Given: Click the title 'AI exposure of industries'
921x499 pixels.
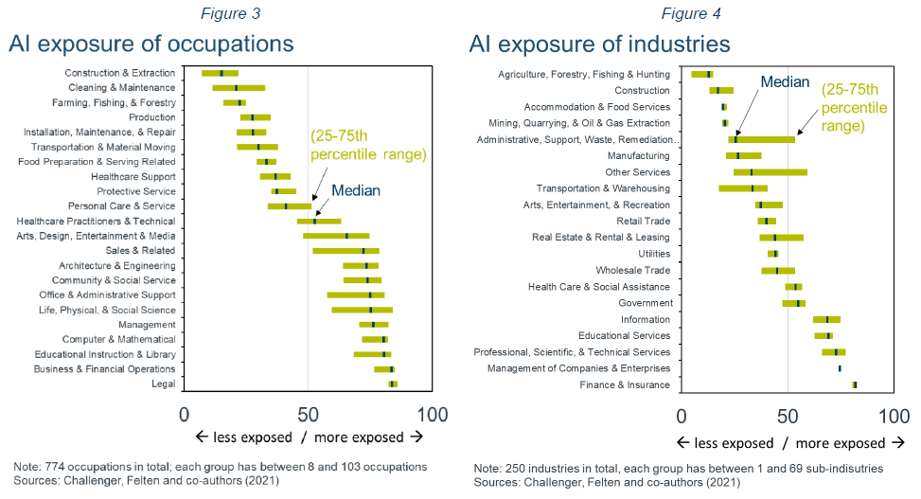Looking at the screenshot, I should coord(599,44).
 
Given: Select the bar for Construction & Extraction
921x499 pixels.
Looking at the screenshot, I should coord(220,73).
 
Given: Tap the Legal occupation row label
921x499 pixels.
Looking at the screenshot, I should coord(163,383).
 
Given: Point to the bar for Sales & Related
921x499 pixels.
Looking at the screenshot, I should coord(345,251).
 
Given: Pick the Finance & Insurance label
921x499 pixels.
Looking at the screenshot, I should coord(625,384).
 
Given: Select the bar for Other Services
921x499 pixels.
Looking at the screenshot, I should coord(770,172).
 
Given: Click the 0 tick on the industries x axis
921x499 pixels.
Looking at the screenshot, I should coord(682,414).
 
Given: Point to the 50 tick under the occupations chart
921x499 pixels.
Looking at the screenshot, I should coord(308,414).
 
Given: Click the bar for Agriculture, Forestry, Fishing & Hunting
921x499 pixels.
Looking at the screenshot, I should coord(701,74).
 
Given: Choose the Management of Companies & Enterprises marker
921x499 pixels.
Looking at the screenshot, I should coord(840,368).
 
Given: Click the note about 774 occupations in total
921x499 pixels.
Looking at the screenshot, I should coord(220,467).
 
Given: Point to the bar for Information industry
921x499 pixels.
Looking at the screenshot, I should coord(826,319).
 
